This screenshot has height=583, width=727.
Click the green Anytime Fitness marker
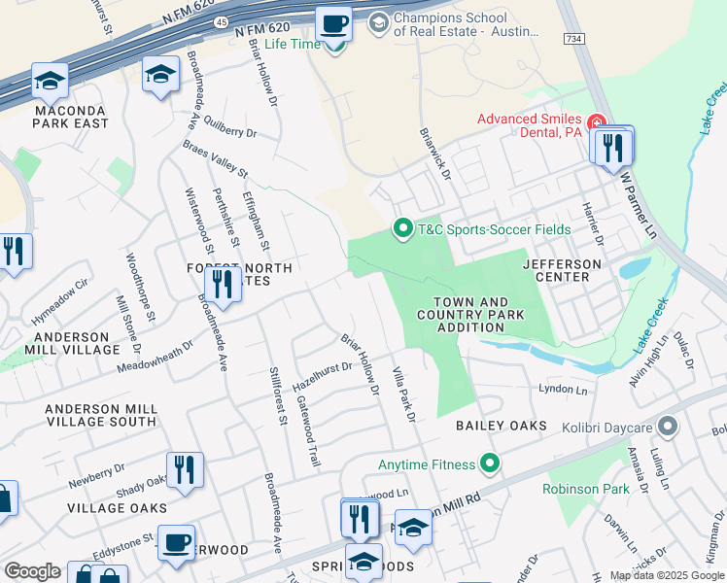tap(491, 464)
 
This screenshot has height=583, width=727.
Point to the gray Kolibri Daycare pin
tap(668, 427)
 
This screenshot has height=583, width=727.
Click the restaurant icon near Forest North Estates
tap(223, 284)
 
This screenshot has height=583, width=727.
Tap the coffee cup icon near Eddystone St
tap(176, 541)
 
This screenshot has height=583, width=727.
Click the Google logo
tap(32, 572)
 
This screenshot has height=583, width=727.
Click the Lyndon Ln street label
tap(564, 390)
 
